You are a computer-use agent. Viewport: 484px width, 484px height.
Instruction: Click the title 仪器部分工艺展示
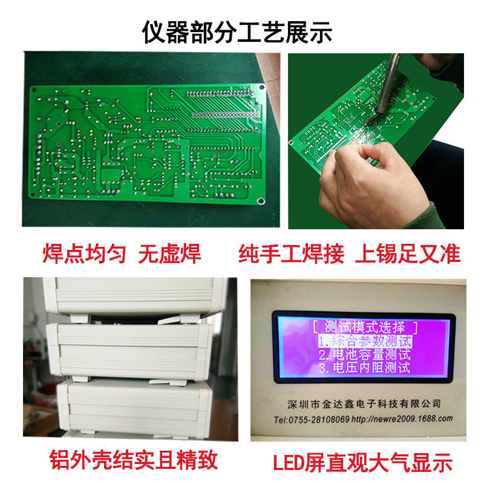(237, 32)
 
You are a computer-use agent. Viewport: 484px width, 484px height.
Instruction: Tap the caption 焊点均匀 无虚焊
(122, 253)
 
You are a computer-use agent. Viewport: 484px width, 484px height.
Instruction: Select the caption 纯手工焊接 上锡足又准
(350, 253)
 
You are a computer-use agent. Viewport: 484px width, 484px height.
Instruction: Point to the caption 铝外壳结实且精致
(133, 460)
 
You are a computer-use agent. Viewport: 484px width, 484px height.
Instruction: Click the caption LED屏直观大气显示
(362, 462)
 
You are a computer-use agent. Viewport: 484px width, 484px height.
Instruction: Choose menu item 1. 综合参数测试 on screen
(365, 341)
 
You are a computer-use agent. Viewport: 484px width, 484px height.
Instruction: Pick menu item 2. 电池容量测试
(365, 355)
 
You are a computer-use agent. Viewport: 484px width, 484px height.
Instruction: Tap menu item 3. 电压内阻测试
(365, 368)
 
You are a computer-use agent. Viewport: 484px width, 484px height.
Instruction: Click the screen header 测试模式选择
(365, 327)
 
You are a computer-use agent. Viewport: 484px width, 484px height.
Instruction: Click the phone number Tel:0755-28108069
(312, 420)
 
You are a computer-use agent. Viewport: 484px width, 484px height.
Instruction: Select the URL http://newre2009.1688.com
(402, 419)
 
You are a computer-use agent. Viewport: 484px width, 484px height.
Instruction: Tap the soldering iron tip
(369, 122)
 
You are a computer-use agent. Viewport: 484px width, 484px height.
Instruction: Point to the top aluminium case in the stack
(136, 295)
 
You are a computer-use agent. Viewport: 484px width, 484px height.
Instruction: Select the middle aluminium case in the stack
(129, 350)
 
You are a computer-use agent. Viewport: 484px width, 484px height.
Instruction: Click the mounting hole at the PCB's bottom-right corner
(261, 201)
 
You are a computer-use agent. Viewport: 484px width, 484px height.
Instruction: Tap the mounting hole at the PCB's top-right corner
(262, 87)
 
